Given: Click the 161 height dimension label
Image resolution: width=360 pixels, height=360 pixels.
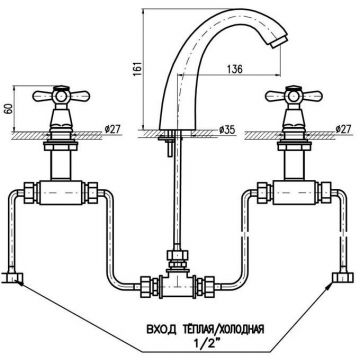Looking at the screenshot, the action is (138, 69).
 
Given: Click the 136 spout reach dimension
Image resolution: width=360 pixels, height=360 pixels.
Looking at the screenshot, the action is (235, 69).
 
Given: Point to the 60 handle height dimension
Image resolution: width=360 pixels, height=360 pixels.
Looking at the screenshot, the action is (9, 109).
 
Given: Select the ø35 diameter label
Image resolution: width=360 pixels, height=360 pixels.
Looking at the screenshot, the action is (227, 130).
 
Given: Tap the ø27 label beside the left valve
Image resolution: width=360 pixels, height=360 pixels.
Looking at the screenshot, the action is (112, 129).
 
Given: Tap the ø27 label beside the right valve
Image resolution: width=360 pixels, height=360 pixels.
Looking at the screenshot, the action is (343, 129).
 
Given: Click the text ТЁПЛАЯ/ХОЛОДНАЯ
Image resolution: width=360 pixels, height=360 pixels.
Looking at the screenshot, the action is (223, 330).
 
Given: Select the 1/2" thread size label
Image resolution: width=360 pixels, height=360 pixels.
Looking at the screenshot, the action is (206, 342).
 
